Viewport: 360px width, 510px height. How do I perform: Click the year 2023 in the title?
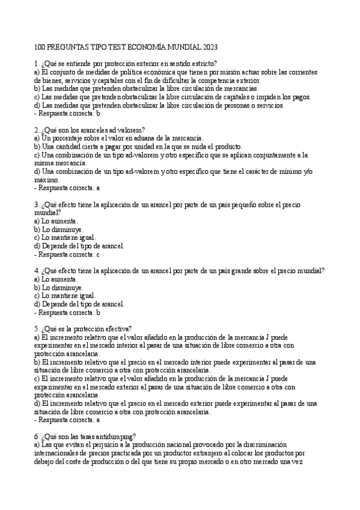pos(208,46)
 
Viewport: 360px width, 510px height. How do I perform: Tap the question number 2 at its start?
pos(37,129)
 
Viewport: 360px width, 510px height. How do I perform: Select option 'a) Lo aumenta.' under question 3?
pos(56,221)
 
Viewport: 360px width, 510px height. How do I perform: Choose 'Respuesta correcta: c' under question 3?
pos(67,254)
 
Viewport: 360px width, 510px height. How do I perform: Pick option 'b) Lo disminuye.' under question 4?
pos(59,287)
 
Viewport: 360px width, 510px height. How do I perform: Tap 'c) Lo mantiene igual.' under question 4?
pos(65,296)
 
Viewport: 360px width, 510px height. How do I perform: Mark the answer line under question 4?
pos(67,312)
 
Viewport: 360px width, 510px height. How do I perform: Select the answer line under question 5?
pos(67,420)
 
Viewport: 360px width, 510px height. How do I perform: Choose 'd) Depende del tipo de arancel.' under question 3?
pos(79,245)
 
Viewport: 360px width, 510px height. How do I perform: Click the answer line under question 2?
pos(67,188)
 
